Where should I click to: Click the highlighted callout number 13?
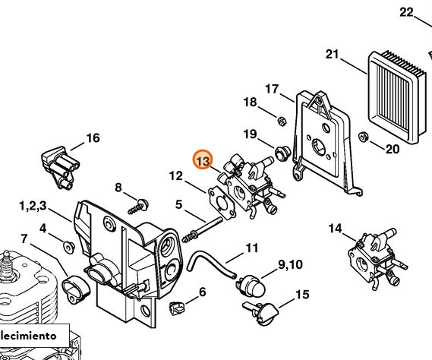click(203, 160)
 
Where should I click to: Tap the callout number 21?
click(332, 53)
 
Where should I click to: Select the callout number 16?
click(93, 137)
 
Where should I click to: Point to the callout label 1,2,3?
click(33, 206)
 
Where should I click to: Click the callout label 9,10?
click(290, 264)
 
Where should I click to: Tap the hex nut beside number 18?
click(280, 119)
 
